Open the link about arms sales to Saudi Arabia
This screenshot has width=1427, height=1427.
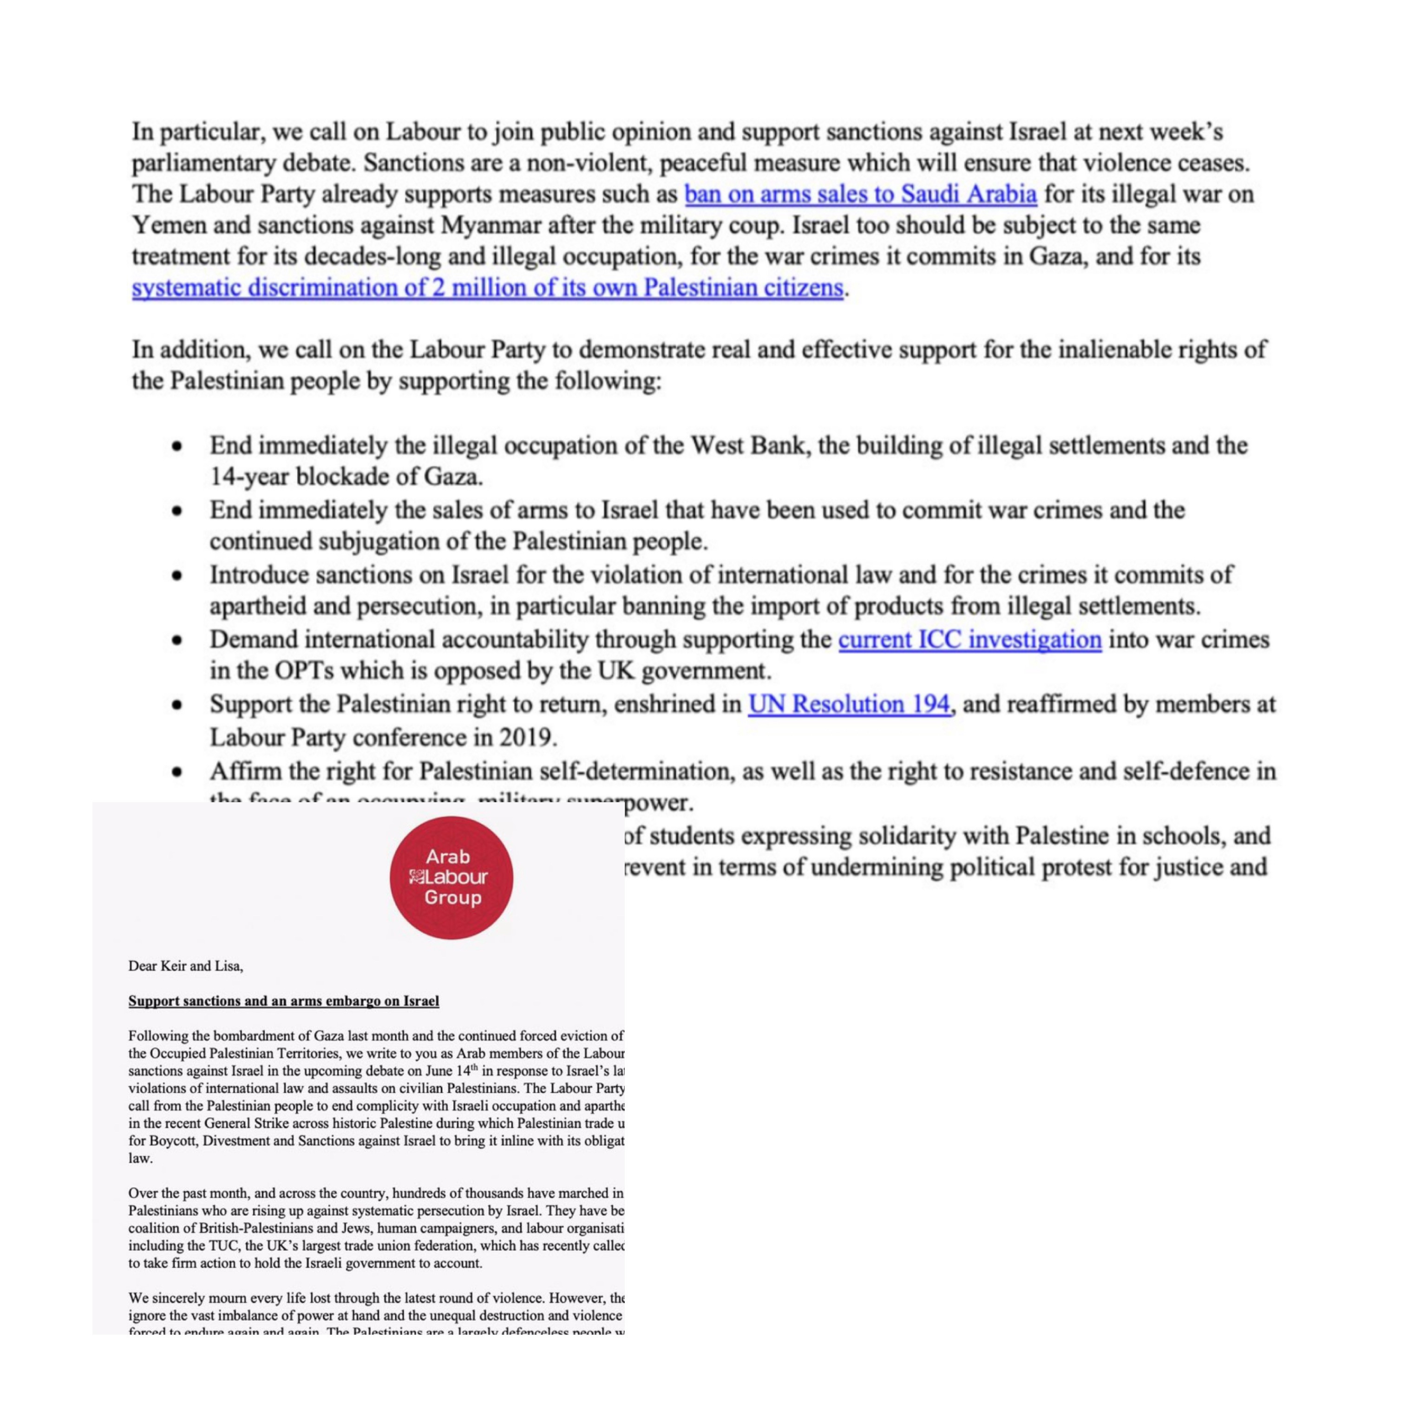(x=860, y=194)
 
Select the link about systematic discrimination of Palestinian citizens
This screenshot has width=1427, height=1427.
(x=487, y=288)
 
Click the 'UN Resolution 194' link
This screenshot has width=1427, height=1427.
(x=849, y=704)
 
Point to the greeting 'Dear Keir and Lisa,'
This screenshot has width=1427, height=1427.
(x=185, y=965)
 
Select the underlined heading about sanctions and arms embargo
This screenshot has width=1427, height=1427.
(x=284, y=1001)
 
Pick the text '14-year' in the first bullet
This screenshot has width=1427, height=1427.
(x=249, y=477)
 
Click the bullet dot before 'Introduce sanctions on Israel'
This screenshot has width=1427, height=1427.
(x=177, y=576)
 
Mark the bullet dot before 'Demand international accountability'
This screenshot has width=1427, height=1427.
(x=177, y=641)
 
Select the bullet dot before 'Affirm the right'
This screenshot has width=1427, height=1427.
(x=177, y=772)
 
